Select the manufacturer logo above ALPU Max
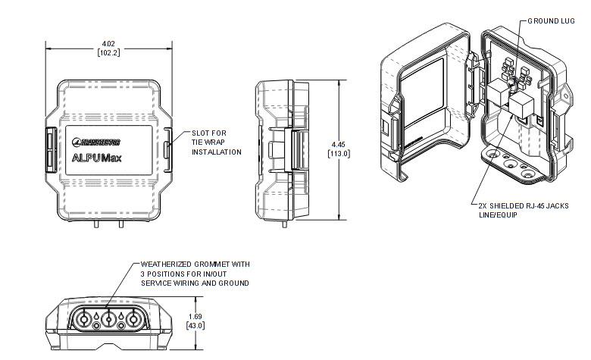pos(97,141)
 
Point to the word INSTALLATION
pos(216,152)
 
